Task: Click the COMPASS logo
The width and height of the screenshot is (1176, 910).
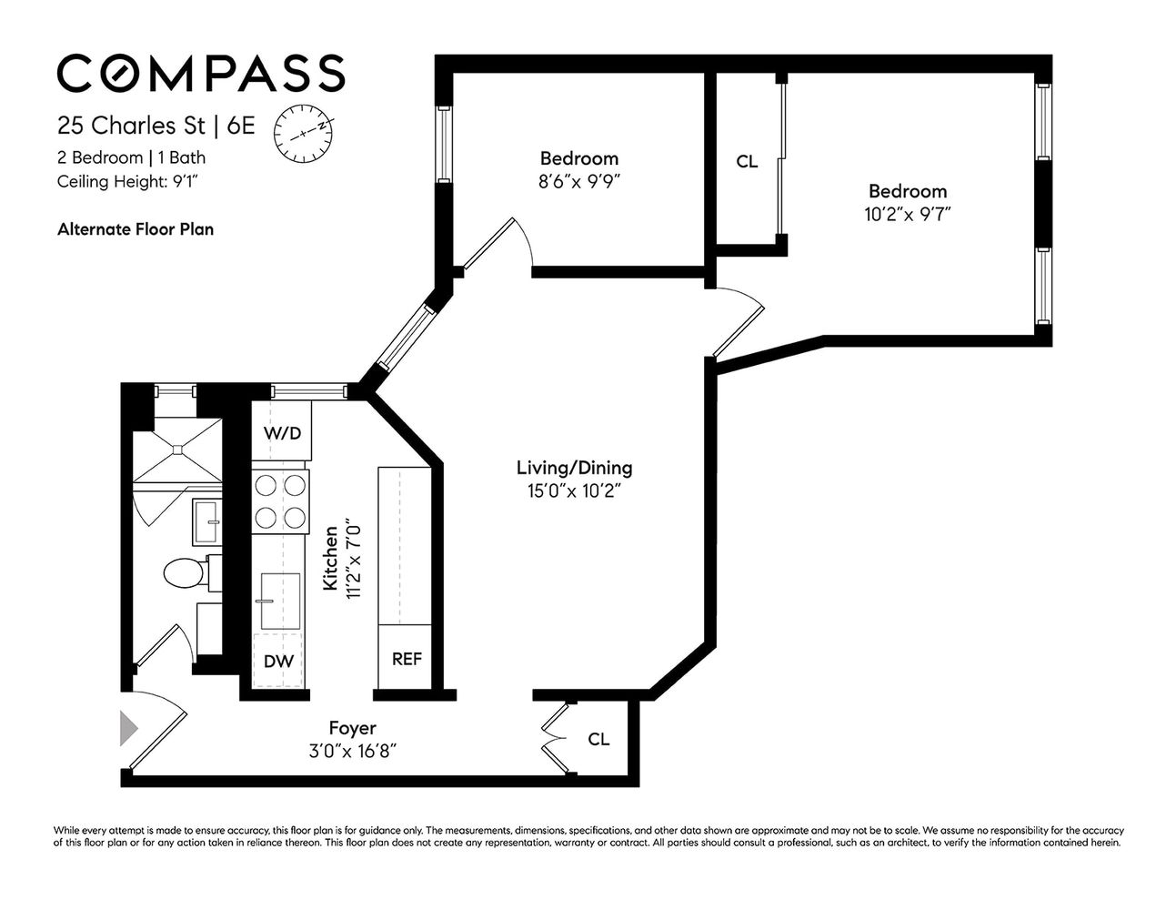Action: click(201, 73)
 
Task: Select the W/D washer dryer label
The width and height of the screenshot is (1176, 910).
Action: click(282, 433)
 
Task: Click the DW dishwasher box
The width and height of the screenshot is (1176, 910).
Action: click(278, 662)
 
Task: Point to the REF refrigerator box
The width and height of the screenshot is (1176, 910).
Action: click(406, 659)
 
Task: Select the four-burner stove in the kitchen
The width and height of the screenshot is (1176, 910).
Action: click(280, 500)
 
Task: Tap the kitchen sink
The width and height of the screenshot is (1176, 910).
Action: click(279, 601)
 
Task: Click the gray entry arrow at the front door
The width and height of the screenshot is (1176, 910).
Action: click(129, 729)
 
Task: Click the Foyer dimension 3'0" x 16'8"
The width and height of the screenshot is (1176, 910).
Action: click(352, 751)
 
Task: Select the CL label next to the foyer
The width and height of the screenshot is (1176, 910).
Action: click(598, 739)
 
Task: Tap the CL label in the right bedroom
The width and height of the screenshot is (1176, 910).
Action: click(747, 162)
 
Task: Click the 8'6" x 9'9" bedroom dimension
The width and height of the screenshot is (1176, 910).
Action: click(579, 180)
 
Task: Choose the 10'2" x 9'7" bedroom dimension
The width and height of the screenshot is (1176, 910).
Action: click(907, 214)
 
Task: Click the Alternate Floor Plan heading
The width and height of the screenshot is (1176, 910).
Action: click(136, 229)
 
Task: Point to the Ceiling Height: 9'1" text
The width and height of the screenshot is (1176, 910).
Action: click(128, 181)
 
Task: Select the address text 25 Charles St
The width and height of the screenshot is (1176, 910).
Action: click(131, 125)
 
